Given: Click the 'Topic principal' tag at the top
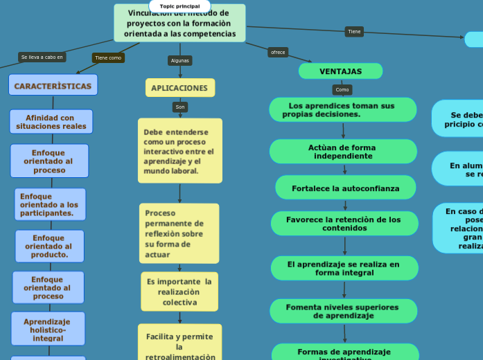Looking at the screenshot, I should [179, 6].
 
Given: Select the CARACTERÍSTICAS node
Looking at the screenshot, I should [53, 86].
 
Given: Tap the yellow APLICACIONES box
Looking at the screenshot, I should [179, 88].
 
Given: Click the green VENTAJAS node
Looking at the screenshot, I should [340, 71].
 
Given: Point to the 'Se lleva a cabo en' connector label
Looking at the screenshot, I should [42, 57].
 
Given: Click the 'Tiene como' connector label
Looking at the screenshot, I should [108, 58].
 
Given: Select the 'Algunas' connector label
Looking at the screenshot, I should [179, 60].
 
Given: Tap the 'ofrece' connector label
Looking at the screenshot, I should [278, 52].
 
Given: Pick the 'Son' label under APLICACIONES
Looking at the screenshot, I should [180, 107].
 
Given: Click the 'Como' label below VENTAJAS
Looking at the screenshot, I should [342, 89].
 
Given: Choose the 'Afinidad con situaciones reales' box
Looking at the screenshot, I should [51, 122].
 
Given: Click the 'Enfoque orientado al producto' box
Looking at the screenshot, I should [49, 246].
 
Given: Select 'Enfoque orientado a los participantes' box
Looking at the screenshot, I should [50, 205].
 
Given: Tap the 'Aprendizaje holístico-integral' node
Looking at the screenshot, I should [48, 330].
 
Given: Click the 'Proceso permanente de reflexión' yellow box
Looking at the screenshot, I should [179, 233].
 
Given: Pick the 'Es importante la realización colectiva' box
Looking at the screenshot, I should [179, 291].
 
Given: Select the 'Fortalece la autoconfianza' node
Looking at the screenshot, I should [346, 188].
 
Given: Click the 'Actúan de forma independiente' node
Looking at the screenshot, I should [343, 152].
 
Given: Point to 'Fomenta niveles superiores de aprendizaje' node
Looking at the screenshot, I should [343, 311].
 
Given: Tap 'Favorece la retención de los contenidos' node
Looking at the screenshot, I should [344, 224].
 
